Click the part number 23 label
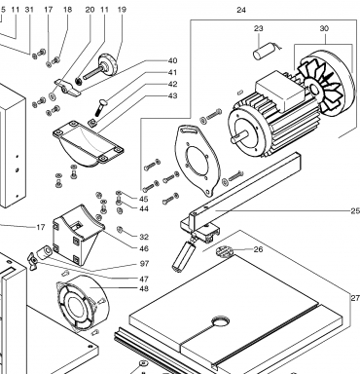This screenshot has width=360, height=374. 258,28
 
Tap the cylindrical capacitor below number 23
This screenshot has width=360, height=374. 264,53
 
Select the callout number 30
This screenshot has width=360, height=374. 324,28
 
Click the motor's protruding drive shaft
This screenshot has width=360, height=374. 239,136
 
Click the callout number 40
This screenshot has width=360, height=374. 172,60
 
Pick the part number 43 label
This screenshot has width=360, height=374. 172,95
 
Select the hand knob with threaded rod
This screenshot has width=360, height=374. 102,67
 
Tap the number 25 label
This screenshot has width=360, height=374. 355,211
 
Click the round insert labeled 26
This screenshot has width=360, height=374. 225,251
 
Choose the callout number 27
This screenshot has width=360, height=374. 355,298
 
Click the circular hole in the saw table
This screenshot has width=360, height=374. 221,321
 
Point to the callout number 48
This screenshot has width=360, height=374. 144,288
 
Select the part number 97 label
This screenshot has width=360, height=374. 144,264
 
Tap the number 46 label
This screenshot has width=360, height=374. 144,248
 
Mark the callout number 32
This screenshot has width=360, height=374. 144,237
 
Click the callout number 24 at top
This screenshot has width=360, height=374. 241,10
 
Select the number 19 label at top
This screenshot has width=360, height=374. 122,10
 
